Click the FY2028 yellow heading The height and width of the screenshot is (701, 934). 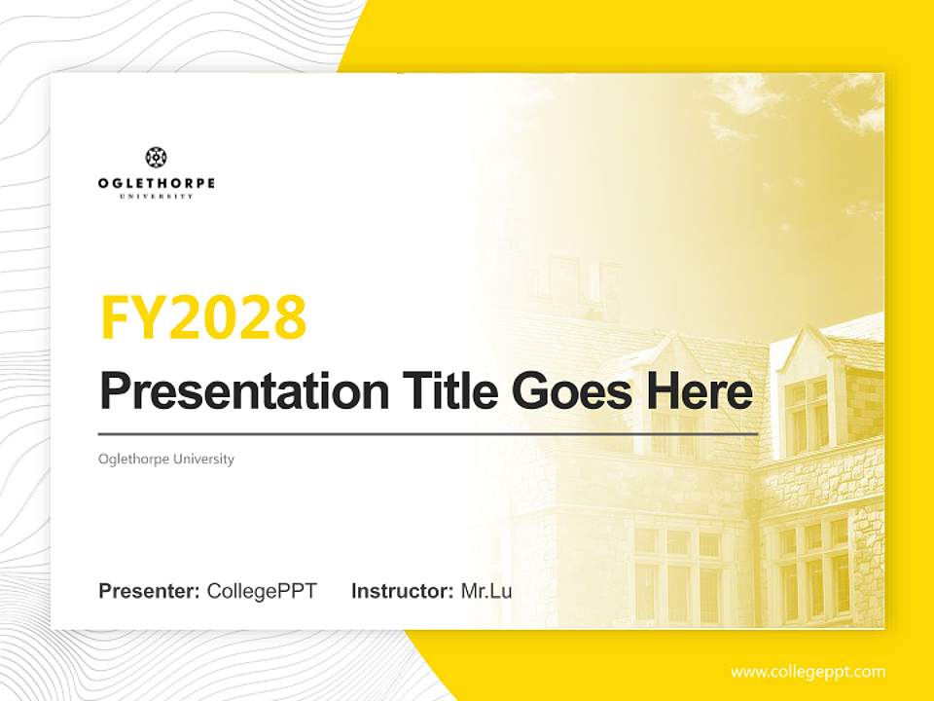click(x=203, y=316)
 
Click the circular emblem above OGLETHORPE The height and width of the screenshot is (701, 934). click(x=156, y=158)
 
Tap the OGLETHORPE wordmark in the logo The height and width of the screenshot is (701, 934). click(x=156, y=183)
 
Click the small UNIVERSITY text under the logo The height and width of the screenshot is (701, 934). click(x=156, y=196)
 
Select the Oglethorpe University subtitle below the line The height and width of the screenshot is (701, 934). click(x=166, y=459)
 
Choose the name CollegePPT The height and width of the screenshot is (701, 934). click(x=262, y=591)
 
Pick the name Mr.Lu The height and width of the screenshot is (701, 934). click(x=486, y=591)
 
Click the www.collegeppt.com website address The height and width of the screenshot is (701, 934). click(x=808, y=672)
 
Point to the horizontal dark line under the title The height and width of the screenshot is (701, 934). click(x=428, y=433)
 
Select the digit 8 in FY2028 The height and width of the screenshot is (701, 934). click(x=290, y=316)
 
